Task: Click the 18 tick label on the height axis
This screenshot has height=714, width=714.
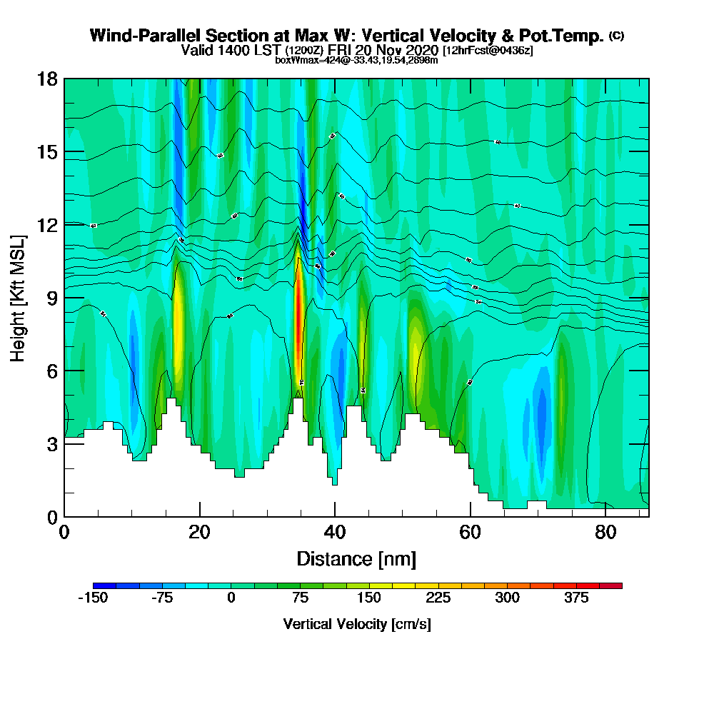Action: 47,79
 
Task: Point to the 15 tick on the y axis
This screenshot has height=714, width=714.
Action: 47,152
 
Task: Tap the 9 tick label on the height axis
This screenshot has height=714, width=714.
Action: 51,298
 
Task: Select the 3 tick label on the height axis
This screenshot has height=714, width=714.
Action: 51,443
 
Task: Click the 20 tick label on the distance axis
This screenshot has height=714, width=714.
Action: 199,533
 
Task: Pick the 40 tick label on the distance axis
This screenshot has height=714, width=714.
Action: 335,533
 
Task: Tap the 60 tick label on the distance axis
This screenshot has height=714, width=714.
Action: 470,533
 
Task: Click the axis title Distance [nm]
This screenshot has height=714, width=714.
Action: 356,558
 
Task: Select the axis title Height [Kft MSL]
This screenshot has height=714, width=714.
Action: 18,297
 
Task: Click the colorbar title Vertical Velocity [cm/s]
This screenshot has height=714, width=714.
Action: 356,625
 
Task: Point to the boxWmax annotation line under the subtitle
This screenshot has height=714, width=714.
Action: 356,60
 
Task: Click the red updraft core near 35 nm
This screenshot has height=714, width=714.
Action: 300,314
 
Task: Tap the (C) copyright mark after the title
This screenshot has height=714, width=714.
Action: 616,35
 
